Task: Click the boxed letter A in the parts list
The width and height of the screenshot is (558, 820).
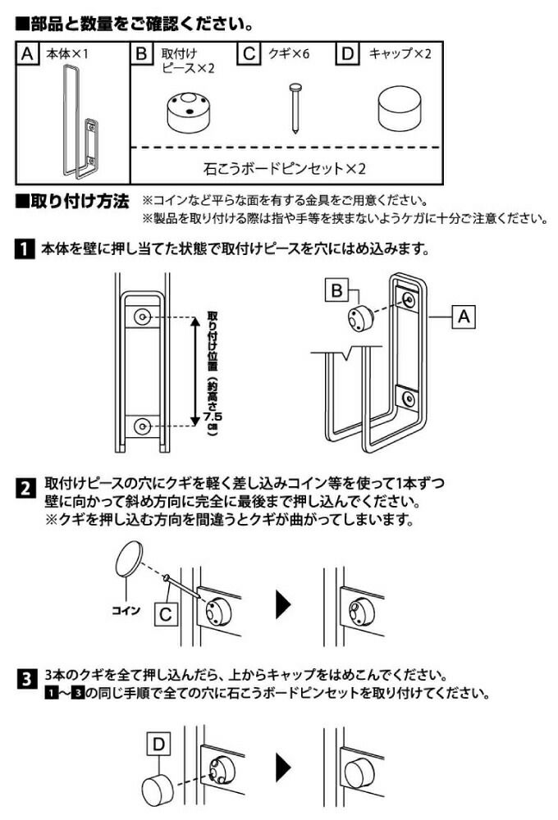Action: (28, 55)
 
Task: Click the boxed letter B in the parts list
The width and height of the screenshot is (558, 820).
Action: (142, 55)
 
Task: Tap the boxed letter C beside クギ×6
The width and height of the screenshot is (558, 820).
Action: (248, 55)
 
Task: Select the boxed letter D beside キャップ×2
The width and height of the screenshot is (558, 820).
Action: (349, 55)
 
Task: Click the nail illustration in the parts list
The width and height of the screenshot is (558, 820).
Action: (293, 107)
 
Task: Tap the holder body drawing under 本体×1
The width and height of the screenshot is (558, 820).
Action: (77, 123)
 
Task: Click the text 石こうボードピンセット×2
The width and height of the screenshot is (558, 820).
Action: (283, 170)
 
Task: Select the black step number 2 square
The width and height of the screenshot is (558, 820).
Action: (26, 490)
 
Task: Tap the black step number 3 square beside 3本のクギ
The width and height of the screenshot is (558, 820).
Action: (26, 679)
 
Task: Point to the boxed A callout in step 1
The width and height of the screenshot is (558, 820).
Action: (464, 316)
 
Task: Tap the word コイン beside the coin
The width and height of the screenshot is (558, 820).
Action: (126, 611)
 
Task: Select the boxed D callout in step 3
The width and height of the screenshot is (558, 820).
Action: (159, 745)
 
